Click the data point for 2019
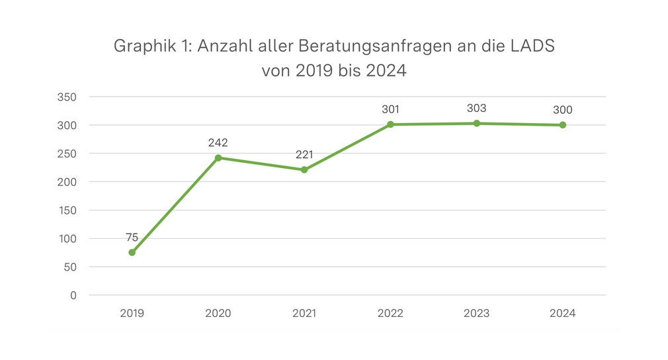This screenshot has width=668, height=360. [132, 252]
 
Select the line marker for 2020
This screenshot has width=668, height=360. [218, 157]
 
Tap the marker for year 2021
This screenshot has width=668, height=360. [304, 169]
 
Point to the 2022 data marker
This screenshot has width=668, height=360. [390, 124]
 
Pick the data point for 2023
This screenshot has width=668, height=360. [476, 123]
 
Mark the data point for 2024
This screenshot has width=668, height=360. [563, 125]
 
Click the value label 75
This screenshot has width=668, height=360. [132, 237]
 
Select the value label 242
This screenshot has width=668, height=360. [218, 142]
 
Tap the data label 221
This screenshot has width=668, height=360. [304, 154]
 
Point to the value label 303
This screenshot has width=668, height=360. [476, 108]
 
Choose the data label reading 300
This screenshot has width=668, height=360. [563, 110]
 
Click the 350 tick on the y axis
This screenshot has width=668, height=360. [68, 97]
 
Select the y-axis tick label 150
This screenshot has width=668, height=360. [68, 210]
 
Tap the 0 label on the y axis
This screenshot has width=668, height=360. [74, 295]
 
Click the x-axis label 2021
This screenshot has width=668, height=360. [304, 313]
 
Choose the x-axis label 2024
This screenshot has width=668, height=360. [563, 313]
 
